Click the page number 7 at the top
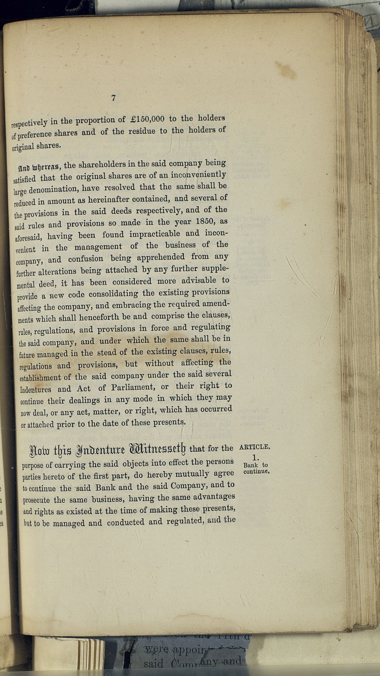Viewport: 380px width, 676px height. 114,98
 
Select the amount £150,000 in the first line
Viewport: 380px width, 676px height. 147,119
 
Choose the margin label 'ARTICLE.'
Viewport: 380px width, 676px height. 255,447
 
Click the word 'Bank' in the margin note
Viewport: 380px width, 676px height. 250,465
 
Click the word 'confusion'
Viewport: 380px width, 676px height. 90,259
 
